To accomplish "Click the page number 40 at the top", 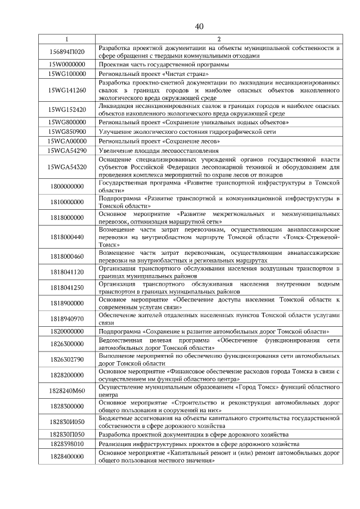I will click(199, 26).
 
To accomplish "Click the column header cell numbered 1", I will click(66, 40).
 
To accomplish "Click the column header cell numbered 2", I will click(218, 40).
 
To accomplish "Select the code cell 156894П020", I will click(66, 52).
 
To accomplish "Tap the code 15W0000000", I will click(66, 65).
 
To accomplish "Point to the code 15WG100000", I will click(66, 74).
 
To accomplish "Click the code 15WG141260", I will click(66, 90).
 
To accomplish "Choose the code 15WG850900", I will click(66, 131).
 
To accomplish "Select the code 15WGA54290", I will click(66, 151).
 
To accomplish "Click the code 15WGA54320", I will click(66, 167).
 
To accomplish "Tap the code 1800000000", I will click(66, 187).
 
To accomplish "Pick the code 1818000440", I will click(66, 237).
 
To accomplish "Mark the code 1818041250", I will click(66, 287).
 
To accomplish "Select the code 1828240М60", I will click(66, 390).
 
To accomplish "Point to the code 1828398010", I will click(66, 444).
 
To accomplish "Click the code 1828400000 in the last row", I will click(66, 456).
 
